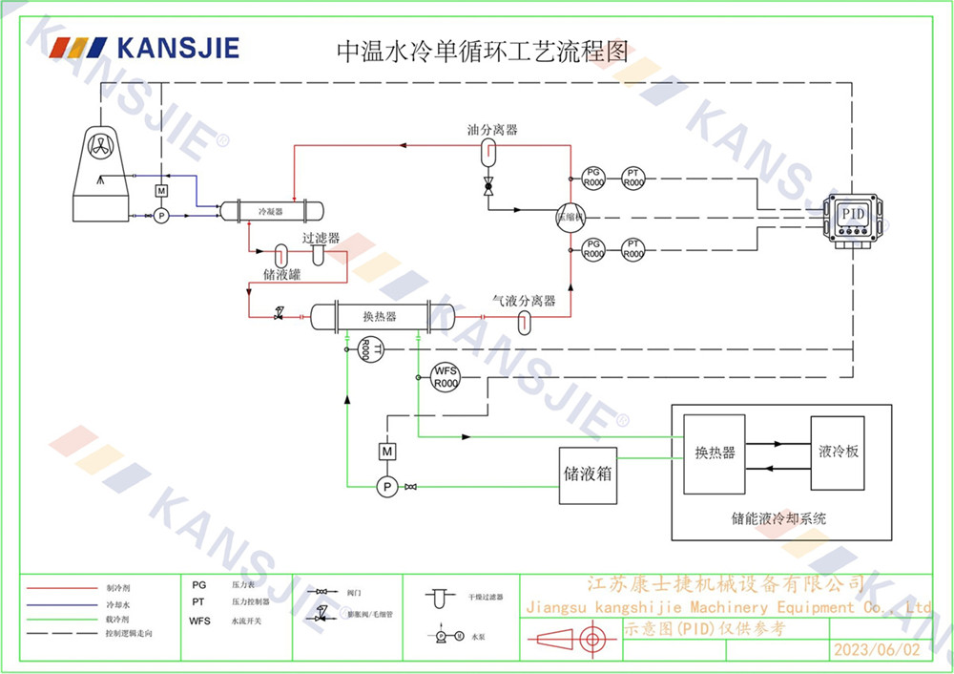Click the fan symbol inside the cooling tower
[x=99, y=145]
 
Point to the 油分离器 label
[x=492, y=130]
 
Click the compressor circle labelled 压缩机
[x=570, y=217]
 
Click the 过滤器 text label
[x=321, y=239]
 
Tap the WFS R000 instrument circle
[x=446, y=376]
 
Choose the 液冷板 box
[x=839, y=452]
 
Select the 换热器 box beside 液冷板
[x=715, y=453]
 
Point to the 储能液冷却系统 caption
[x=778, y=519]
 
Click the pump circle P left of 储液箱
[x=387, y=487]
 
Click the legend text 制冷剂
[x=116, y=588]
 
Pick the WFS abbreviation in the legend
[x=200, y=621]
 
